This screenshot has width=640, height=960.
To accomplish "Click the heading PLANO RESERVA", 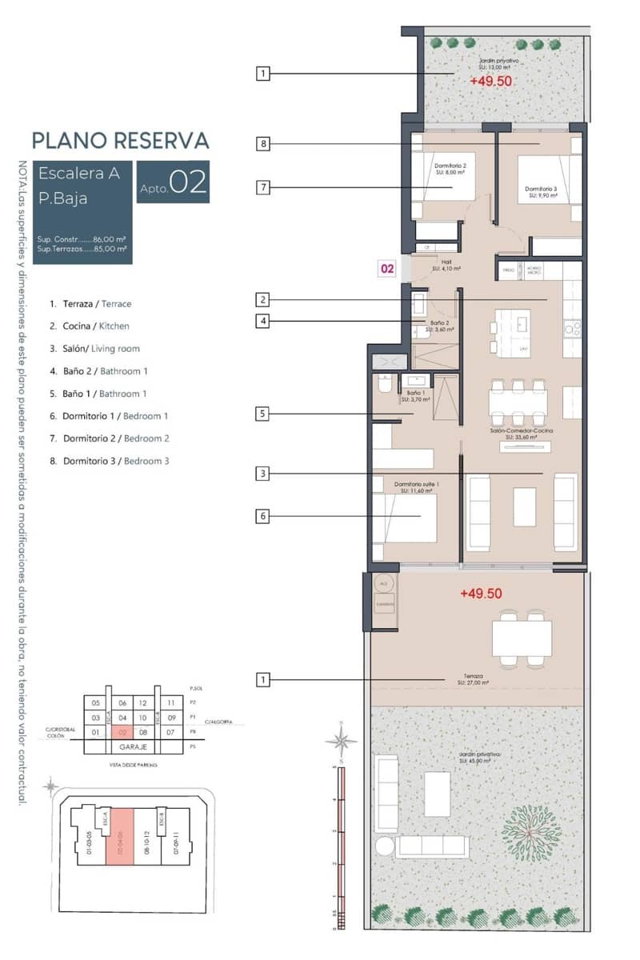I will pyautogui.click(x=120, y=141).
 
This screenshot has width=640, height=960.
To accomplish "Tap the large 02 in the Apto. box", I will pyautogui.click(x=189, y=183).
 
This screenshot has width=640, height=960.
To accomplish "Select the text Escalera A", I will pyautogui.click(x=79, y=173).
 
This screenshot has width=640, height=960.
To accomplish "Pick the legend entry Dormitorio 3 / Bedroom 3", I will pyautogui.click(x=109, y=461).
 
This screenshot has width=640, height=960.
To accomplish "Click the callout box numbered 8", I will pyautogui.click(x=263, y=144).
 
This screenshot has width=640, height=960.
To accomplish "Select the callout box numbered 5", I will pyautogui.click(x=263, y=414).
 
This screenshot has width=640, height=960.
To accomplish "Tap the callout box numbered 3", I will pyautogui.click(x=263, y=474).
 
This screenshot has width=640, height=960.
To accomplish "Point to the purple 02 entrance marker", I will pyautogui.click(x=387, y=270).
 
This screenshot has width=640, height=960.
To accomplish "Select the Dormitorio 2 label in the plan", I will pyautogui.click(x=450, y=168).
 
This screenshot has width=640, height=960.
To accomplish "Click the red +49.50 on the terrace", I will pyautogui.click(x=481, y=594).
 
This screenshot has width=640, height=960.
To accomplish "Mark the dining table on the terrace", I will pyautogui.click(x=522, y=638).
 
